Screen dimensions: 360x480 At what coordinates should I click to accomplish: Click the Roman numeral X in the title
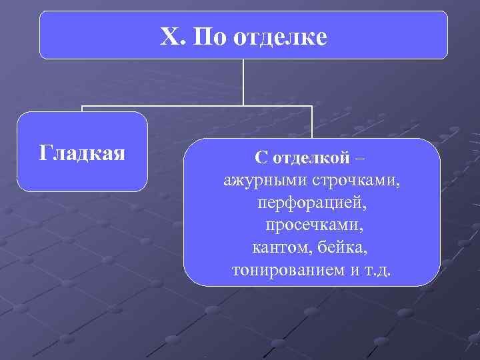point(169,37)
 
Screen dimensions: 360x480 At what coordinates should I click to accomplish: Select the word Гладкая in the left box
point(82,153)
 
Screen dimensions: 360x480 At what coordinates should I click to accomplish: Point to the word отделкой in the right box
point(310,158)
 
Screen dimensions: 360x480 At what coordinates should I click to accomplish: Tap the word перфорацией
point(311,202)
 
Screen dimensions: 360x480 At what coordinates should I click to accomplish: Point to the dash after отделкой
point(360,159)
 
